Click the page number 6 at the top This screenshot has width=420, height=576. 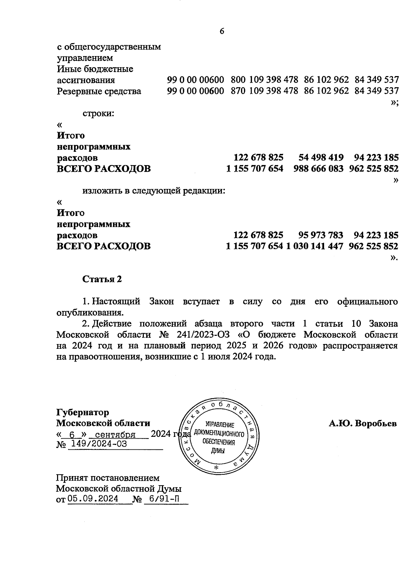[222, 31]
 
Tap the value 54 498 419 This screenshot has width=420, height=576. [321, 157]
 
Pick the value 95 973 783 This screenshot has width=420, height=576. [321, 235]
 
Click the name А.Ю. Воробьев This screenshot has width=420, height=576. [362, 423]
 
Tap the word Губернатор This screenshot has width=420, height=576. [83, 412]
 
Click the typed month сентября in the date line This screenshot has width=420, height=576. [115, 435]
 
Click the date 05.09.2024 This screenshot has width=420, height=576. [93, 499]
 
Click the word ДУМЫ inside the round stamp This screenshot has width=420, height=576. [218, 451]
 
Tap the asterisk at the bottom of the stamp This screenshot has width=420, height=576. [216, 468]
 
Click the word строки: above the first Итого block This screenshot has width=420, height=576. [98, 113]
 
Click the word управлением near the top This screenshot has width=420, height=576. [85, 57]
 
